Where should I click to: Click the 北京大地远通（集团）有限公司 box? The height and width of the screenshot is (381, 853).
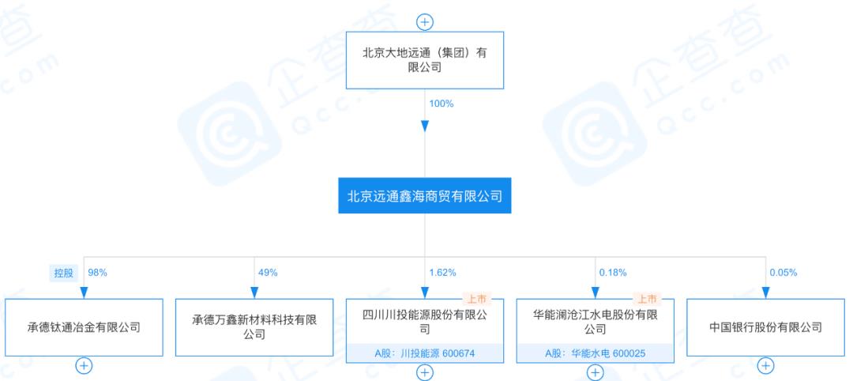[425, 60]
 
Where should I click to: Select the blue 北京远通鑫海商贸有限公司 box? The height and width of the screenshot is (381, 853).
[425, 196]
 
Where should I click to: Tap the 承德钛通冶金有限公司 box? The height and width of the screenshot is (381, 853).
[84, 326]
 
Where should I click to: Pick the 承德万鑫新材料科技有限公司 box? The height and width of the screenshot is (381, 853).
[254, 326]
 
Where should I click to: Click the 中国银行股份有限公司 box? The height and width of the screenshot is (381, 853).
[765, 326]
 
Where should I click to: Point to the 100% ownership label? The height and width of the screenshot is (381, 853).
[441, 104]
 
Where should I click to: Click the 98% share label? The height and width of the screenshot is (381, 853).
[97, 273]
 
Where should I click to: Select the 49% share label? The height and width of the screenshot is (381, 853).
[268, 273]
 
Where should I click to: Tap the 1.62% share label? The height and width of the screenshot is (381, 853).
[442, 273]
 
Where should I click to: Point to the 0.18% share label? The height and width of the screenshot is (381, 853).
[613, 273]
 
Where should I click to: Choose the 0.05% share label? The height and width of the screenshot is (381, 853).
[783, 273]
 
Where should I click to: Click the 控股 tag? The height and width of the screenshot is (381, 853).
[62, 273]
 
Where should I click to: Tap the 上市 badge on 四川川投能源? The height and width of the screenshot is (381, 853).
[477, 299]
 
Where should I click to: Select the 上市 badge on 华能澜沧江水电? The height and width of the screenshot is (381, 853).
[648, 299]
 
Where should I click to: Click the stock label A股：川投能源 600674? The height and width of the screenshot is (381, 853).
[425, 353]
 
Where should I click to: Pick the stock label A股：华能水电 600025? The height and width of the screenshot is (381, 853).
[596, 353]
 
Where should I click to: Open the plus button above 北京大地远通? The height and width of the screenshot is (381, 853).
[425, 22]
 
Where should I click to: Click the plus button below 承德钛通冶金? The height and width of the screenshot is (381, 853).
[84, 365]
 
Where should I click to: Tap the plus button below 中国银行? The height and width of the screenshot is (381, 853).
[765, 365]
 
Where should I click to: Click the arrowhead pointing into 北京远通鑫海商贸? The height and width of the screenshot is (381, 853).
[425, 126]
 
